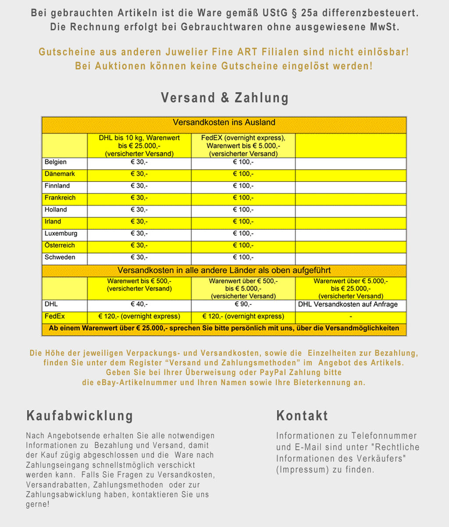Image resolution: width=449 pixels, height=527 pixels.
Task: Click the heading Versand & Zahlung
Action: [224, 97]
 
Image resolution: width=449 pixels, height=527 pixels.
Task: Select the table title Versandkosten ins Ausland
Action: [224, 123]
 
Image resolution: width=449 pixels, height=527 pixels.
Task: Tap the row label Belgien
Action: [56, 162]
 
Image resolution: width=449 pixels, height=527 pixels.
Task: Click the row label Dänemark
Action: [60, 174]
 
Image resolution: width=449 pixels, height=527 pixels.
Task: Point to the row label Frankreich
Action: [60, 198]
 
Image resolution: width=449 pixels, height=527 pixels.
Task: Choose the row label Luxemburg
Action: [61, 234]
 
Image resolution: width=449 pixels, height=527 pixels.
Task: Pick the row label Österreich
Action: [60, 245]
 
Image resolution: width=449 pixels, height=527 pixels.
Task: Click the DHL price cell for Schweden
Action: [139, 257]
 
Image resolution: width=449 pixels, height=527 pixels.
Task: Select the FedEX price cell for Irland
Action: [243, 222]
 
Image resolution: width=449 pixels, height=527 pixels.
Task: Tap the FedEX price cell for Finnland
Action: [243, 186]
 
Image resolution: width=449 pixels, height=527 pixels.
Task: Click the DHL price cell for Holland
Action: [139, 210]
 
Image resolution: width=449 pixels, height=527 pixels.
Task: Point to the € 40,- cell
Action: [139, 304]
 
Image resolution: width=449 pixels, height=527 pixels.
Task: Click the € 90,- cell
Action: [243, 304]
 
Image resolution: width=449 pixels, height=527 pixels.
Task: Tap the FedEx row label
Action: [55, 316]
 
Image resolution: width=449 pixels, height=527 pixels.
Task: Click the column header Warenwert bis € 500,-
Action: [139, 285]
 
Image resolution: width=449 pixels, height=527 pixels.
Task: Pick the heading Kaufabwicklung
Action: [80, 415]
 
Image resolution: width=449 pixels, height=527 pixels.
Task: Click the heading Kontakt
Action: [302, 415]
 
